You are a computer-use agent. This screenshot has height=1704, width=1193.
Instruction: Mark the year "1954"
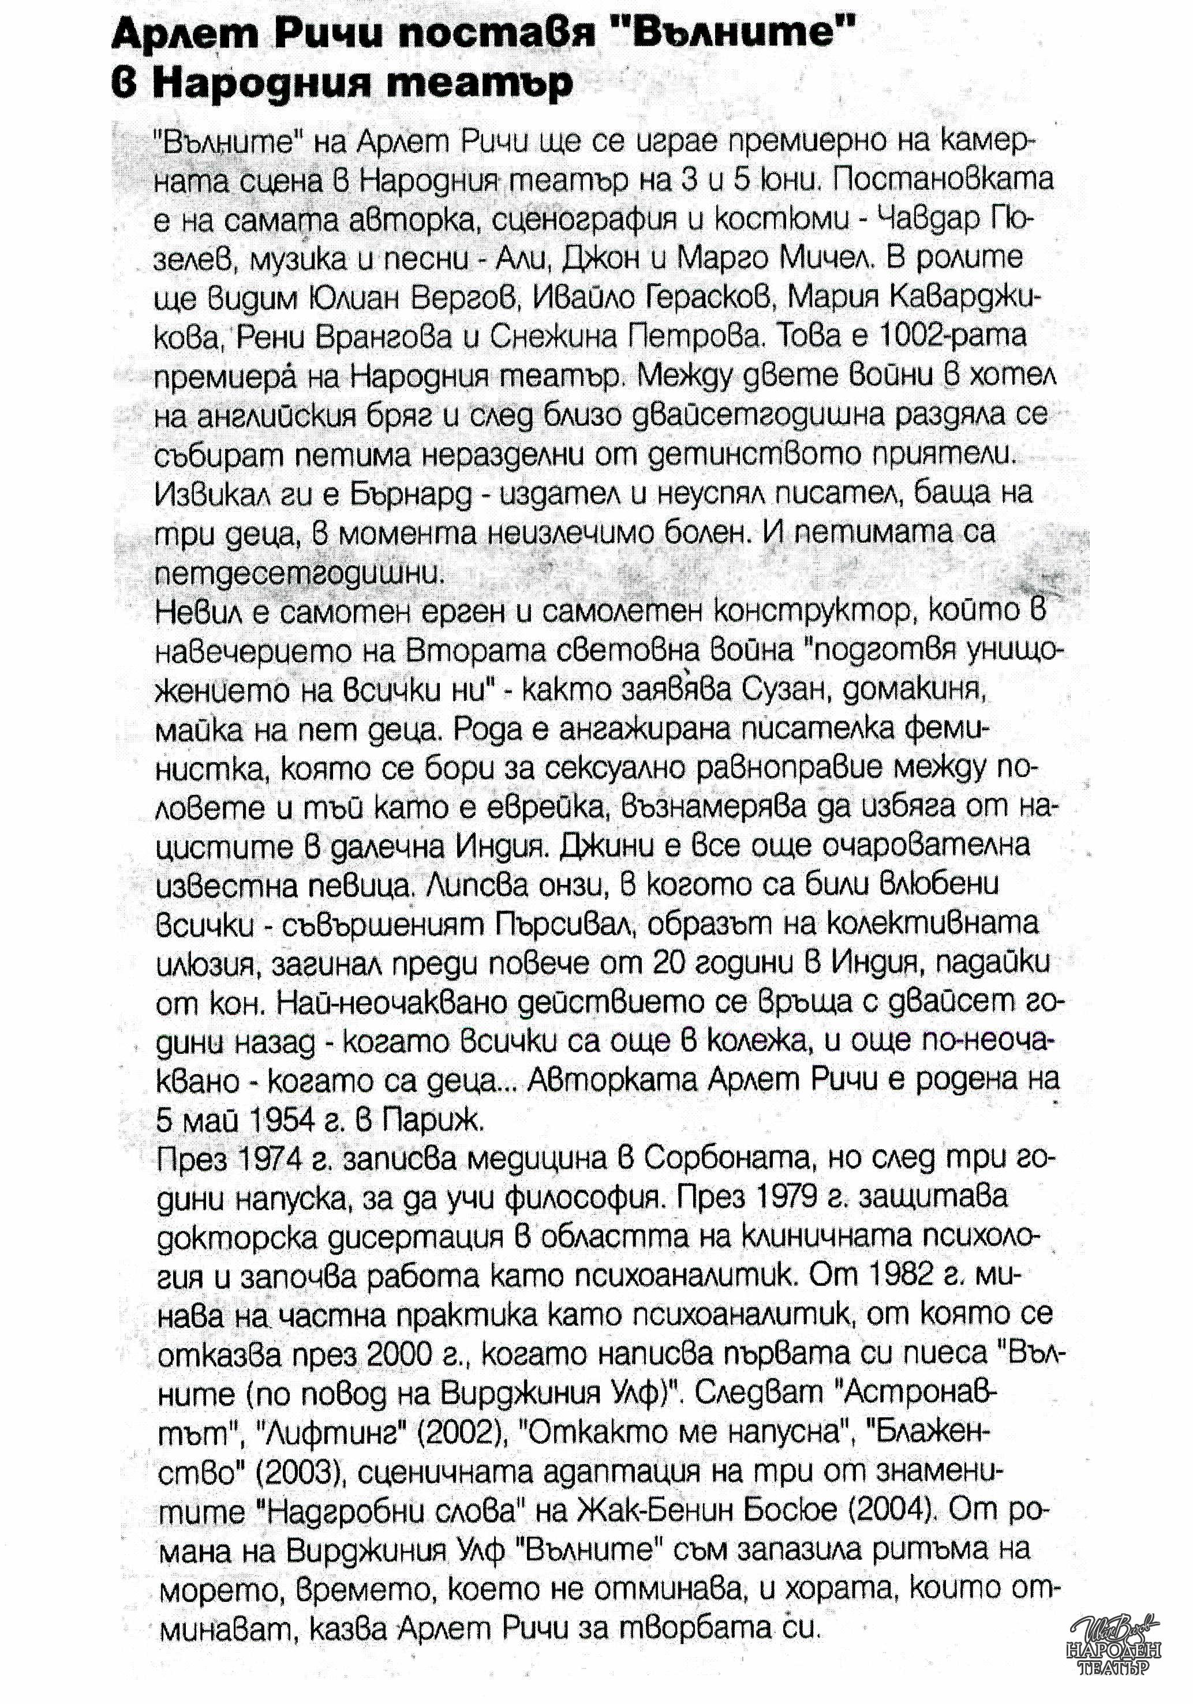pyautogui.click(x=265, y=1119)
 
